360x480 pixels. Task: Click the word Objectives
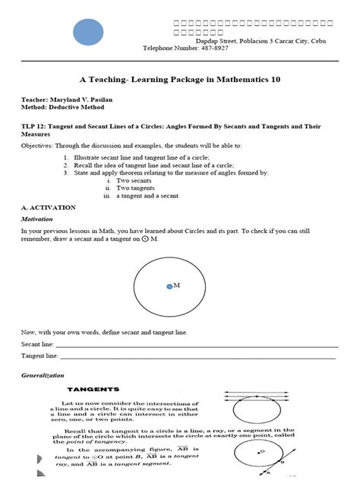pos(37,144)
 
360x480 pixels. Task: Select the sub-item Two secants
pos(132,181)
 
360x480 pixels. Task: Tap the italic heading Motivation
pos(36,219)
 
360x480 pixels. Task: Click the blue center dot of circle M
pos(169,286)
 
